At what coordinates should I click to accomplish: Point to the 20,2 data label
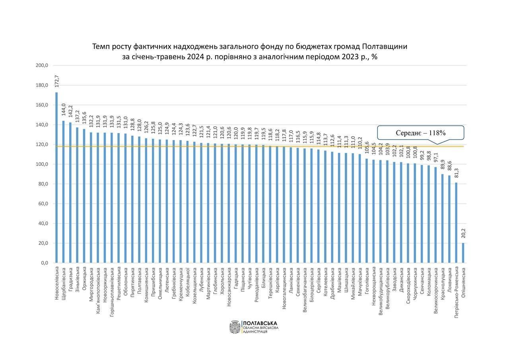click(x=463, y=233)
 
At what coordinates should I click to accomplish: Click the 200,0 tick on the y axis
click(x=42, y=65)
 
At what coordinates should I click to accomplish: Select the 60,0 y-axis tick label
click(x=42, y=204)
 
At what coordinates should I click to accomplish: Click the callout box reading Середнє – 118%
click(x=420, y=133)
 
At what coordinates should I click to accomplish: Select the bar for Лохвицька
click(x=449, y=219)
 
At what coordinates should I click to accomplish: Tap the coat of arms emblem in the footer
click(x=234, y=327)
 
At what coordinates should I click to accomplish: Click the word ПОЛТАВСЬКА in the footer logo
click(x=260, y=323)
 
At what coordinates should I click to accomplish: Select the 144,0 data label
click(x=63, y=110)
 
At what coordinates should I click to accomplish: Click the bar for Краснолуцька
click(x=443, y=218)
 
